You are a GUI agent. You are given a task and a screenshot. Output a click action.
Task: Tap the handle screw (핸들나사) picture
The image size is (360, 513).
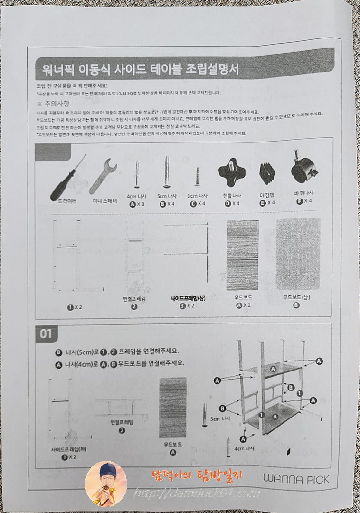coord(232,174)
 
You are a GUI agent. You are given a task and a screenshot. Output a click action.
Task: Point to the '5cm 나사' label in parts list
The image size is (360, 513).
coord(166,195)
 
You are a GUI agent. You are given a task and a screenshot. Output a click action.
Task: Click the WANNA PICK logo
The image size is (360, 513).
coord(302,479)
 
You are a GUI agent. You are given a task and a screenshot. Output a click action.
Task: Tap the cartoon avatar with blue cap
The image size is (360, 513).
coord(105,484)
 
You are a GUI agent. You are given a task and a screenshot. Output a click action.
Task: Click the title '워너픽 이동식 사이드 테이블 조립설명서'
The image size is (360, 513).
coord(137,70)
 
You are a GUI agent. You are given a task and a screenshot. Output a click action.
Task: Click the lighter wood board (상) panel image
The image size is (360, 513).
coord(298,254)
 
